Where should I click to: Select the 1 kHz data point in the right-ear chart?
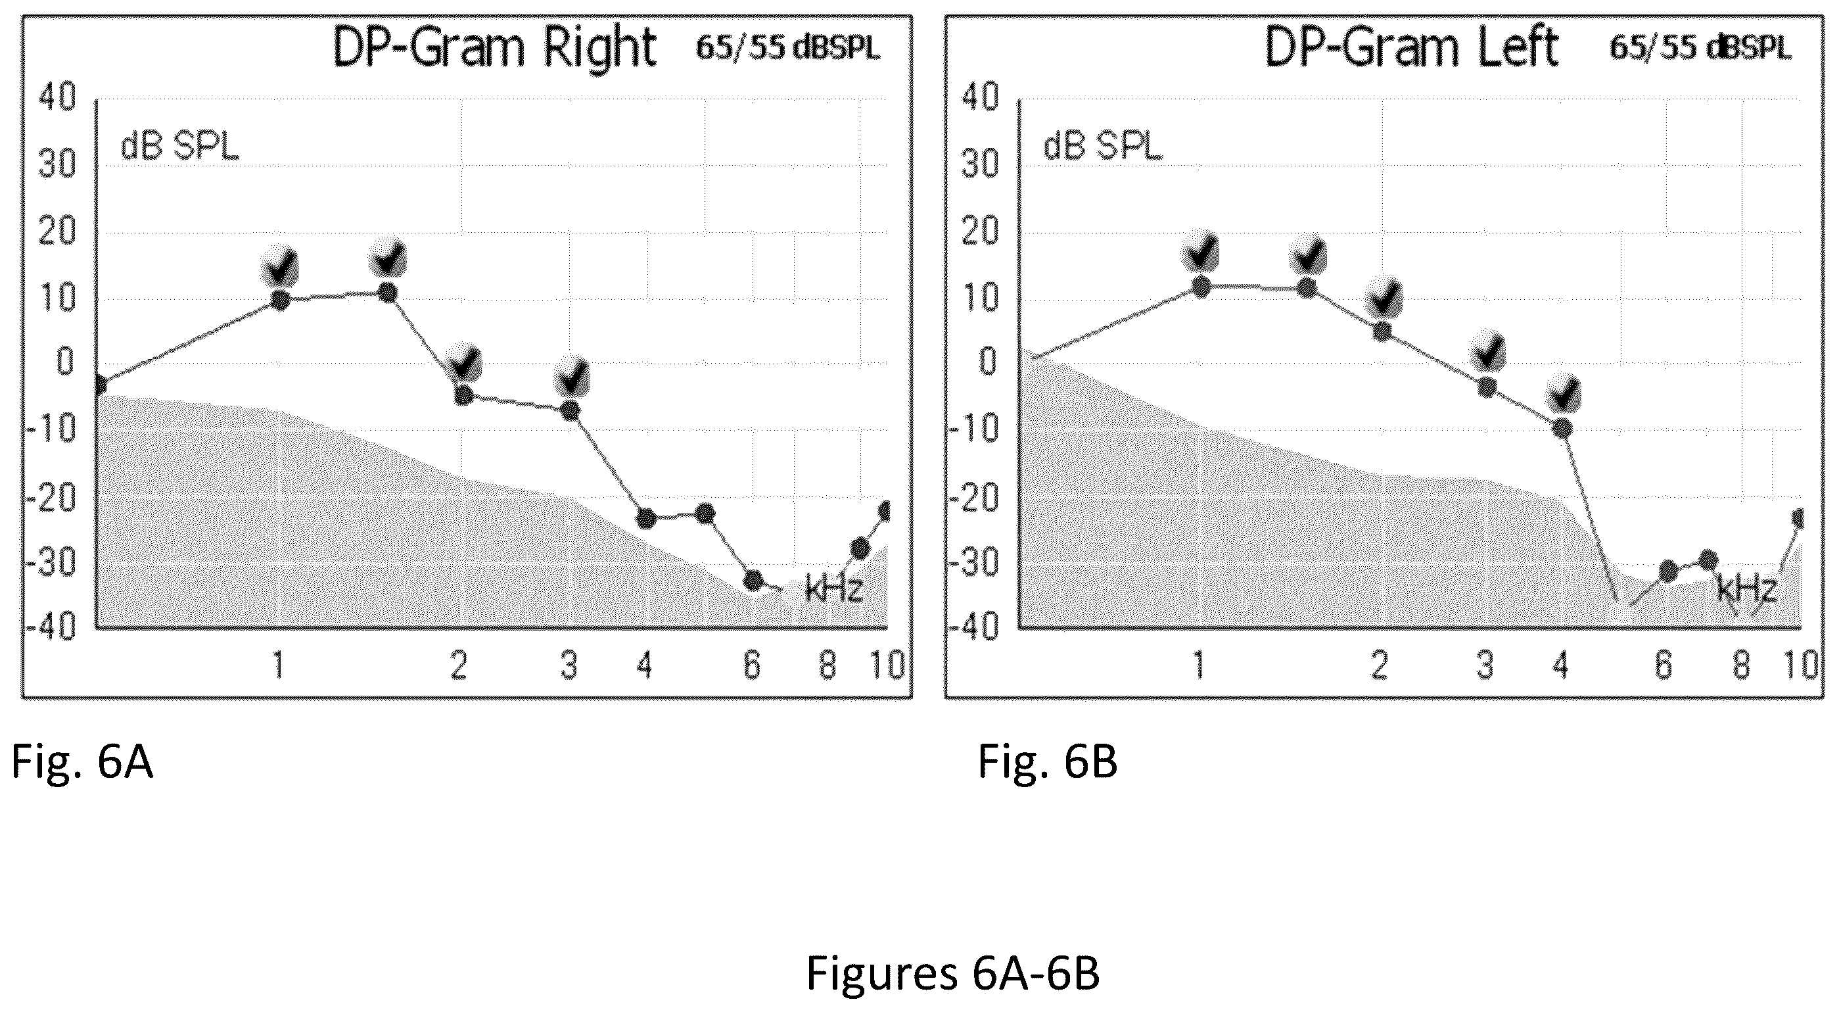[281, 300]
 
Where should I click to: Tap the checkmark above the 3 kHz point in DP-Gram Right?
[572, 375]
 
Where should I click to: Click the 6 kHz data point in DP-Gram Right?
[753, 580]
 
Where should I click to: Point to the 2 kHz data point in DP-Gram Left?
[1383, 331]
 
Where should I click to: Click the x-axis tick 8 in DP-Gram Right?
[827, 665]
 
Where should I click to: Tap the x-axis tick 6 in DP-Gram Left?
[1664, 665]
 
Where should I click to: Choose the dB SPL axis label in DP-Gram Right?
[180, 147]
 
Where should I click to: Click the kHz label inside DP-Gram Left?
[1746, 589]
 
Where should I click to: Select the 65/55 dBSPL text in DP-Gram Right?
[788, 48]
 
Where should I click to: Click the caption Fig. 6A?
[82, 761]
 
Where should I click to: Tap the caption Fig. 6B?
[1047, 761]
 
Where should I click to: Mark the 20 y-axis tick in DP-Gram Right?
[57, 231]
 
